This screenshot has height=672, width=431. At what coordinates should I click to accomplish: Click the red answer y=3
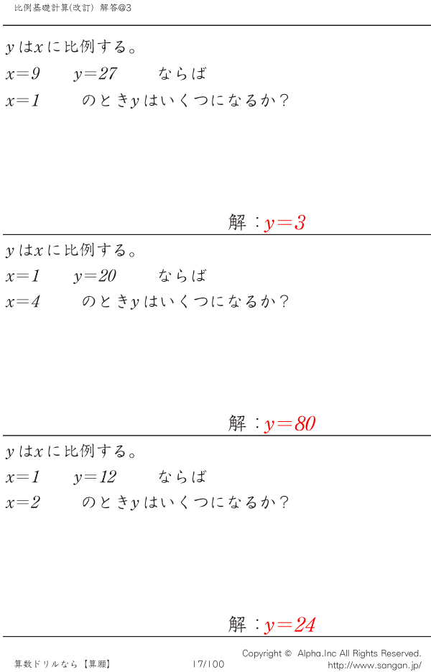pyautogui.click(x=285, y=224)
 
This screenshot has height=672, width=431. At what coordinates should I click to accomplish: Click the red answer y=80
pyautogui.click(x=290, y=424)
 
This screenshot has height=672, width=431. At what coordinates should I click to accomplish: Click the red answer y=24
pyautogui.click(x=290, y=625)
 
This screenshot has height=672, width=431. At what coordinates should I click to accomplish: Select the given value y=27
pyautogui.click(x=95, y=74)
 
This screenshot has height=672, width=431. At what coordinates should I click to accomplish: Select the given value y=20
pyautogui.click(x=95, y=276)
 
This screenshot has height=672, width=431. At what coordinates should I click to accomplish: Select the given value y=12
pyautogui.click(x=95, y=477)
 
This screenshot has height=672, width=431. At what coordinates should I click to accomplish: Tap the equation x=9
pyautogui.click(x=23, y=74)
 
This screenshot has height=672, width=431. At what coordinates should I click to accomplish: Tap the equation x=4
pyautogui.click(x=23, y=302)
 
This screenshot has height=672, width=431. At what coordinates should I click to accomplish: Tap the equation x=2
pyautogui.click(x=23, y=502)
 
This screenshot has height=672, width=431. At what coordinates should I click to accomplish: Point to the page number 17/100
pyautogui.click(x=208, y=664)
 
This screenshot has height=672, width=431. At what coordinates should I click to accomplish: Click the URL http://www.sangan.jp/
pyautogui.click(x=375, y=666)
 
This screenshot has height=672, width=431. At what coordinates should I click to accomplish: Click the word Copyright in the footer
pyautogui.click(x=261, y=653)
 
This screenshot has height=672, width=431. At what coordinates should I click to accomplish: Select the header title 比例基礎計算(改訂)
pyautogui.click(x=54, y=8)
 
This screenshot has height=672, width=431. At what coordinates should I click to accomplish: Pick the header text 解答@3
pyautogui.click(x=116, y=8)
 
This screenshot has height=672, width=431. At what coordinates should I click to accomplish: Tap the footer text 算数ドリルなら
pyautogui.click(x=46, y=664)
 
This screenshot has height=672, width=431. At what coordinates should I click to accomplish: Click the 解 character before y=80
pyautogui.click(x=237, y=424)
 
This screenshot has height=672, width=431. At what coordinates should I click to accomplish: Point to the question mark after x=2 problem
pyautogui.click(x=283, y=502)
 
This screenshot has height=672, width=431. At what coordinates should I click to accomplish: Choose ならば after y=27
pyautogui.click(x=182, y=74)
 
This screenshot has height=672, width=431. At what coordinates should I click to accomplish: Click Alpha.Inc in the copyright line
pyautogui.click(x=317, y=653)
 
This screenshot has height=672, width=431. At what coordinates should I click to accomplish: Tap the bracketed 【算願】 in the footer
pyautogui.click(x=97, y=664)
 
